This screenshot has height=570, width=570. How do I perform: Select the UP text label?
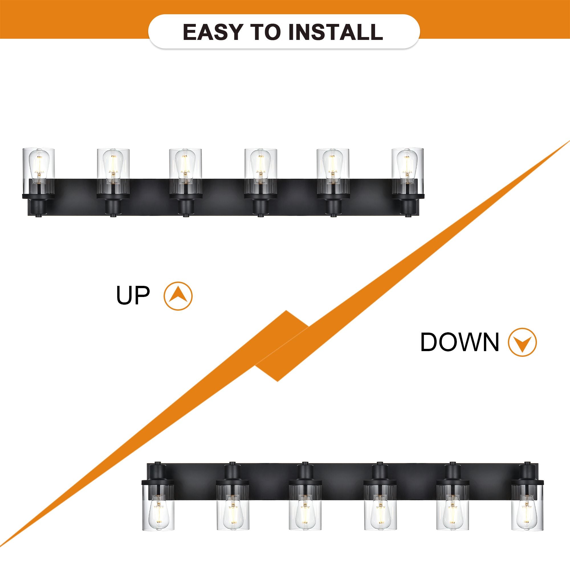point(133,295)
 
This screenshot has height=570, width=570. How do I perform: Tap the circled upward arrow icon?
point(178,296)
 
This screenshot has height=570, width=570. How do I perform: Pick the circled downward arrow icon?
point(522,342)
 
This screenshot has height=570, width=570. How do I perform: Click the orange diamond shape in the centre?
point(282,346)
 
